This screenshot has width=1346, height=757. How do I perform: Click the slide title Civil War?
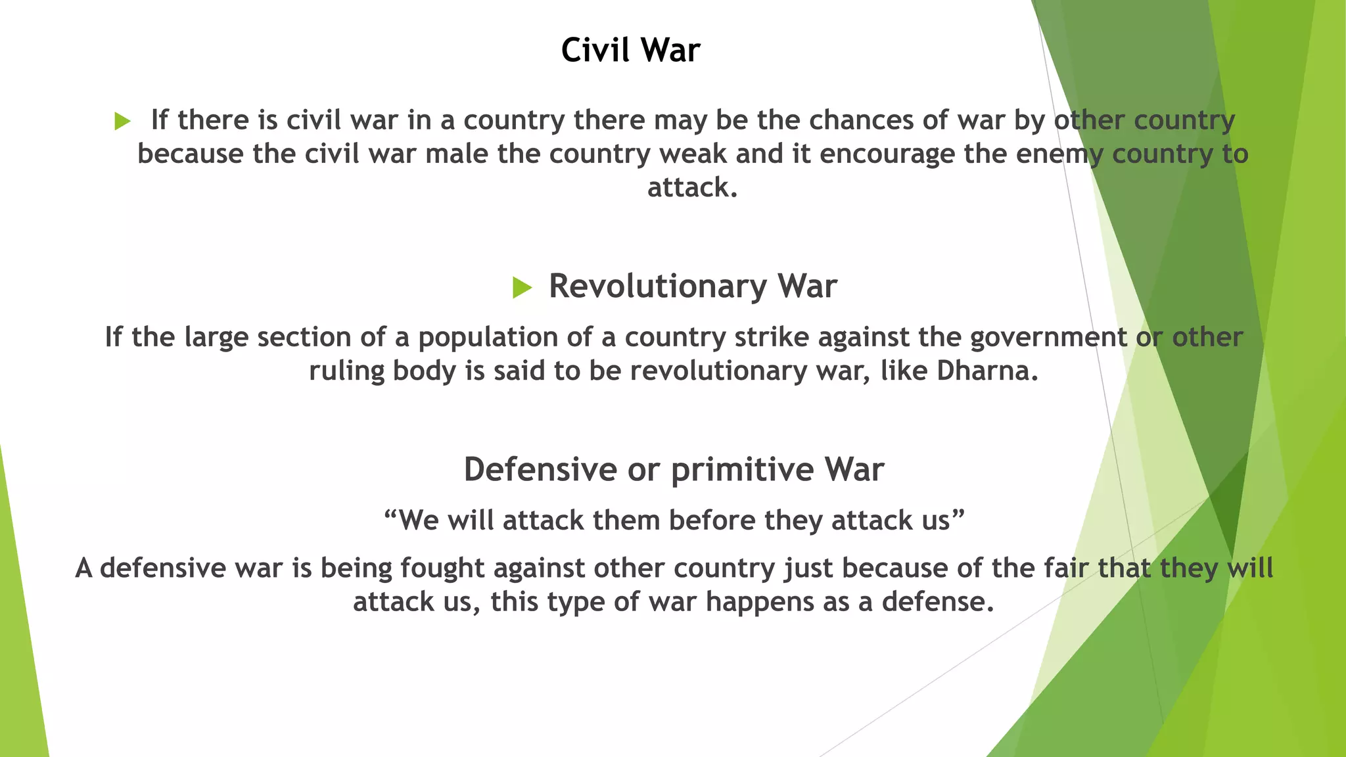(x=630, y=50)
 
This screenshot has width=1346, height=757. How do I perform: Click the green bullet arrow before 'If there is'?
(x=122, y=121)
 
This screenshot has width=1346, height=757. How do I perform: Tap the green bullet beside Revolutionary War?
(x=522, y=287)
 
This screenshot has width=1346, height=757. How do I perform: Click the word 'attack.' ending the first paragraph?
(x=692, y=187)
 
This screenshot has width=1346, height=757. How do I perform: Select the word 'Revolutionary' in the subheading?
(x=658, y=287)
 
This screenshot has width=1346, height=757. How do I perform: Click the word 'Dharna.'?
(x=987, y=371)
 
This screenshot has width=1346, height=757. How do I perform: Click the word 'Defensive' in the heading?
(x=540, y=469)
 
